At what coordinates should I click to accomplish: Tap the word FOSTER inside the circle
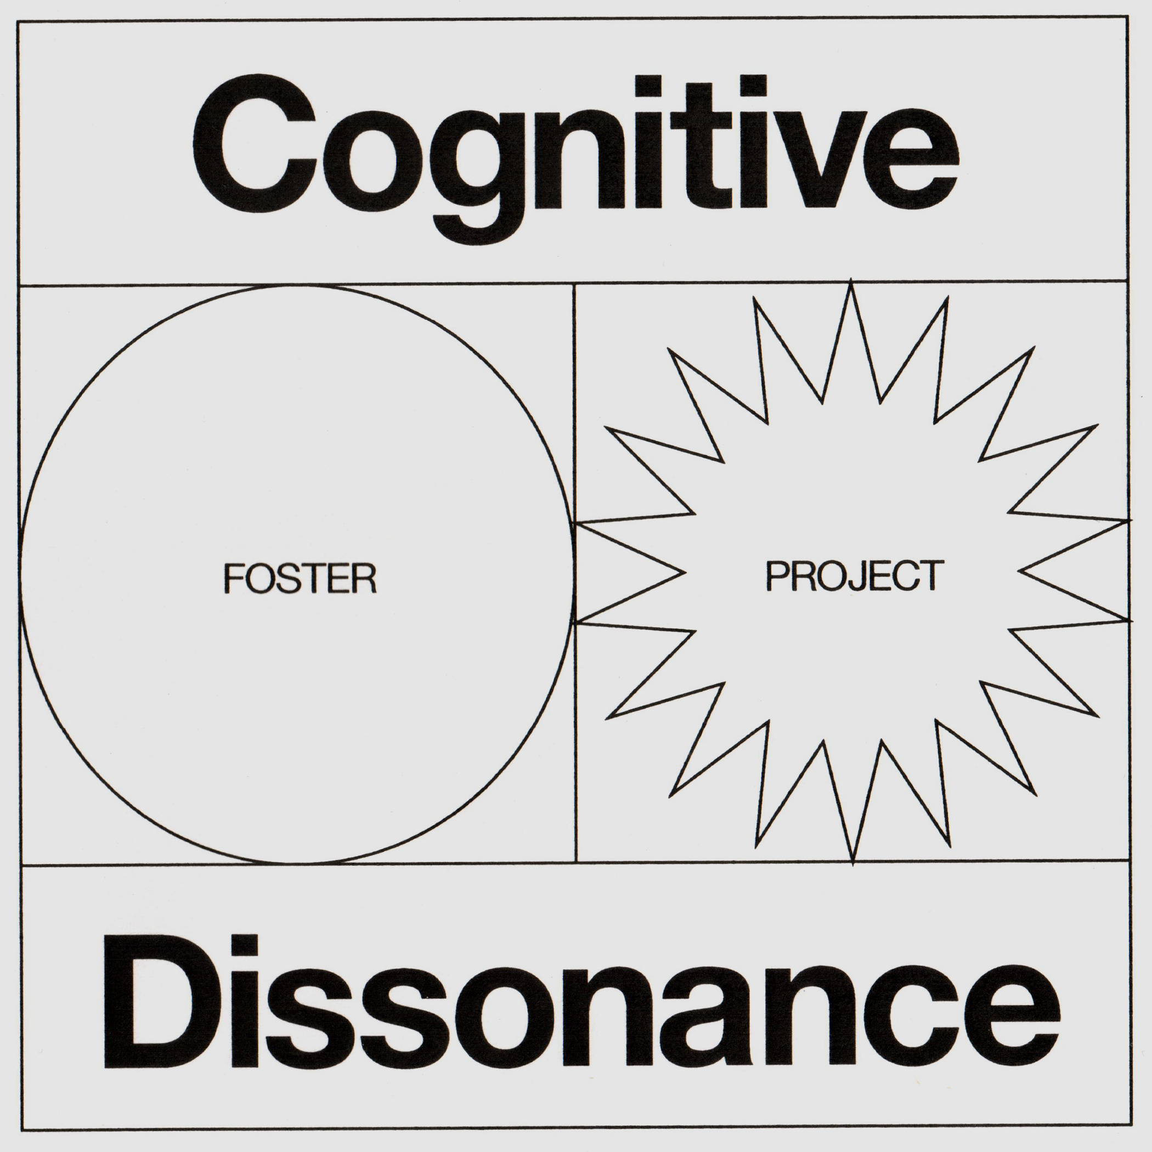(300, 578)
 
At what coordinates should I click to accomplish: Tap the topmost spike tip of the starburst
(851, 281)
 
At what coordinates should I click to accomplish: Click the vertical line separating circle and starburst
(575, 417)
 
